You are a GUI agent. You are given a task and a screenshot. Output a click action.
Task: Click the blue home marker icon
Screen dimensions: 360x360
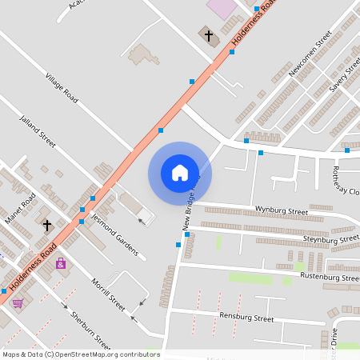coord(179,173)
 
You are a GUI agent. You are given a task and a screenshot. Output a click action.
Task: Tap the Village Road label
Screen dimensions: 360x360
coord(62,88)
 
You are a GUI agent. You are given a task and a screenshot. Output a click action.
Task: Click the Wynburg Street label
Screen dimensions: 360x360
coord(281,210)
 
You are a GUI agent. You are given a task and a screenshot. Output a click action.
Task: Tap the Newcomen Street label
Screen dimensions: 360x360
coord(310,54)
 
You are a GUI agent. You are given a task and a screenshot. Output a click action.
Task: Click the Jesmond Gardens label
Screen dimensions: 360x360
coord(114,235)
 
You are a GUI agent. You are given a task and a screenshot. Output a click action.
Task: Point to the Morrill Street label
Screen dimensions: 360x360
coord(108,294)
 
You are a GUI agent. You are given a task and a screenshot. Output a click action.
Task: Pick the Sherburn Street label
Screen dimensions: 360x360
coord(90,329)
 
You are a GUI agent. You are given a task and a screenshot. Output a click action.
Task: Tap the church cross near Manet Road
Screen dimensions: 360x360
coord(47,226)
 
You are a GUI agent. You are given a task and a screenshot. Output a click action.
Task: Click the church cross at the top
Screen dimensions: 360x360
coord(209,36)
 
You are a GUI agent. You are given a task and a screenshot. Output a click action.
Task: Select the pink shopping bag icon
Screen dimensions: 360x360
coord(61,263)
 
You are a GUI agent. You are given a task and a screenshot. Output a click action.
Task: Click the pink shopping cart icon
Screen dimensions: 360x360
coord(18,302)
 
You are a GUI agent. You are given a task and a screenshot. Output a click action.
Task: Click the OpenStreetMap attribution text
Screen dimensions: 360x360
coord(81,354)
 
